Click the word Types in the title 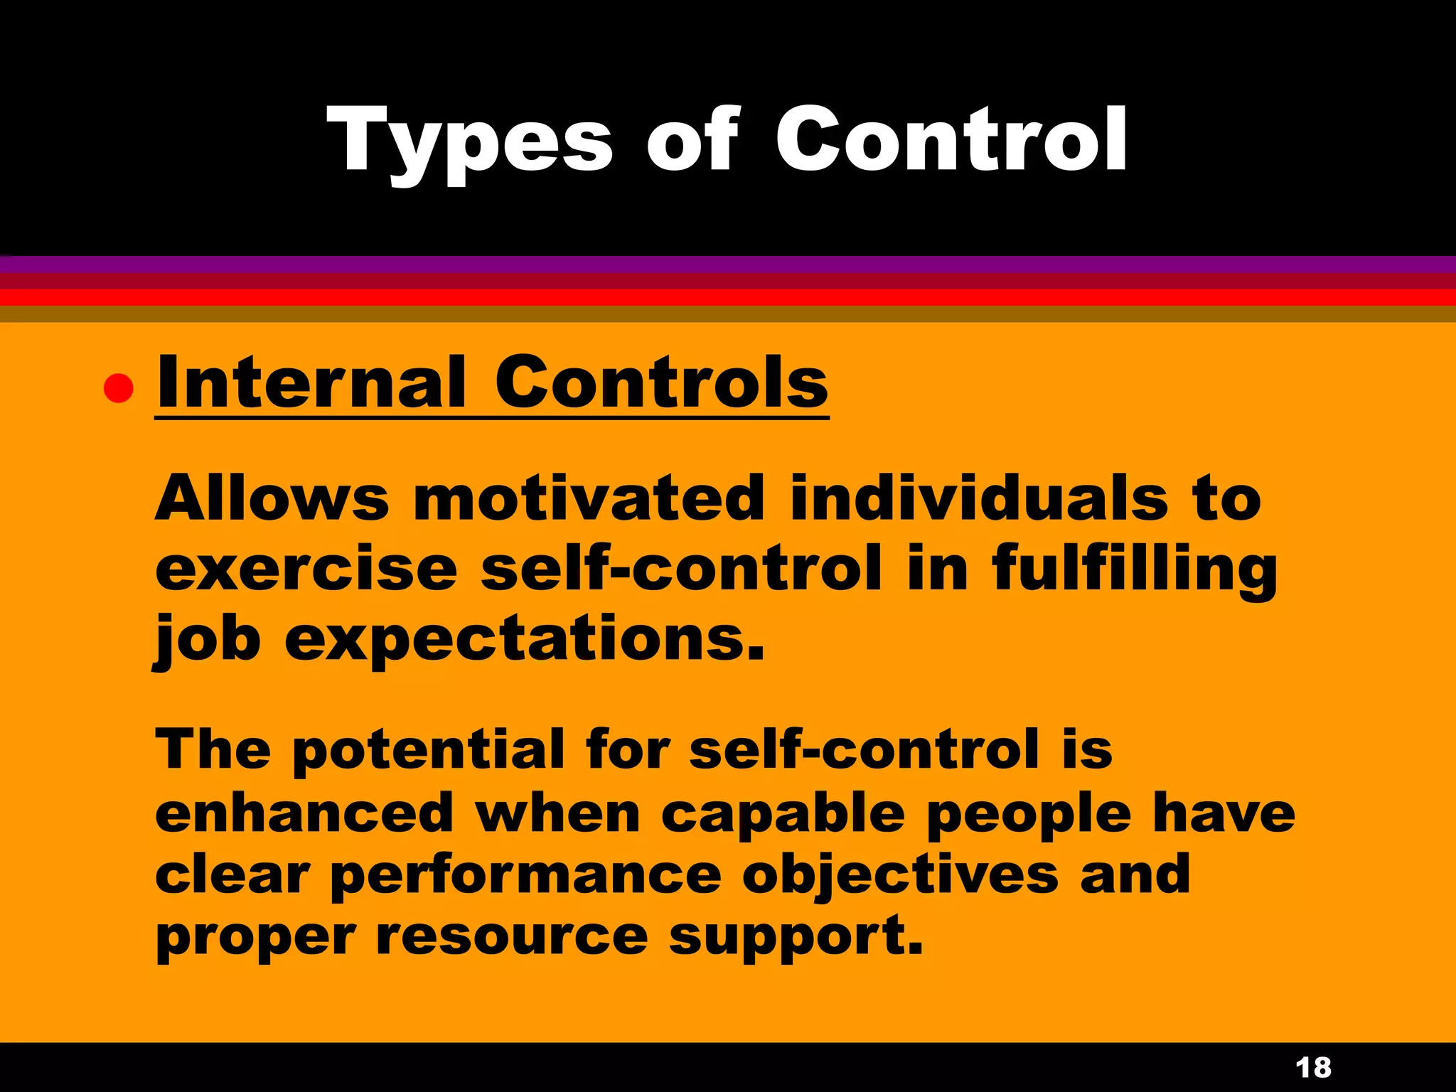coord(469,142)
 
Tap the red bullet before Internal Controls coord(118,388)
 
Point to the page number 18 coord(1313,1068)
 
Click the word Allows coord(272,498)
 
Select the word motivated coord(589,498)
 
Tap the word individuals coord(979,498)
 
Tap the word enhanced coord(304,813)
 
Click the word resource coord(512,937)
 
